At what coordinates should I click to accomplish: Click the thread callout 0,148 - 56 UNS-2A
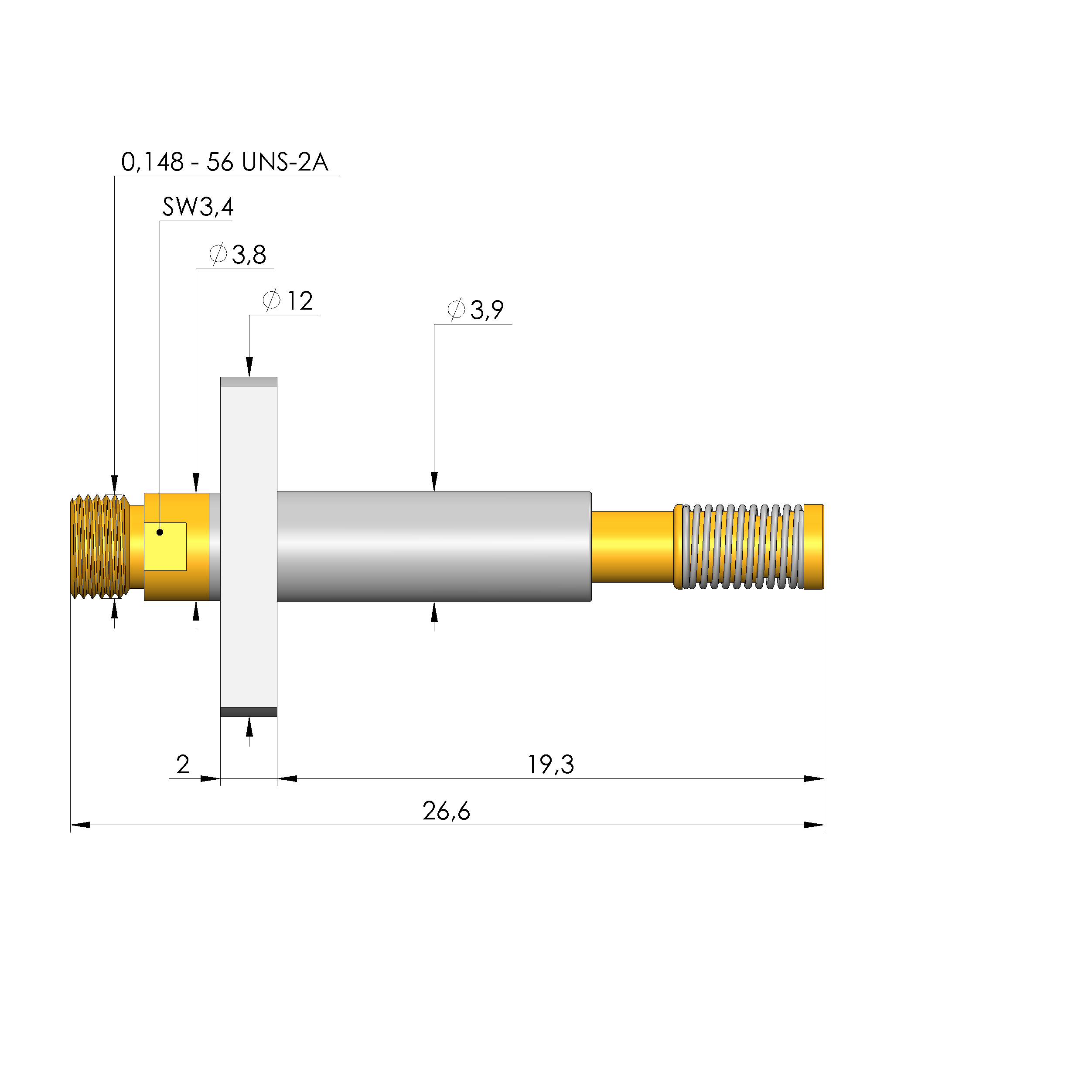coord(225,163)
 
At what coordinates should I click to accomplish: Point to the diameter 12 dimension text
coord(288,301)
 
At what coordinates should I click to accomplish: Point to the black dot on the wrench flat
coord(160,532)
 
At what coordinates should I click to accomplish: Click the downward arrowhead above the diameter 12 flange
coord(249,367)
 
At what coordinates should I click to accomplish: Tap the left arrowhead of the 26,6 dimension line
coord(80,825)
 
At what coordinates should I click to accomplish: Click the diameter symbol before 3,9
coord(456,310)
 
